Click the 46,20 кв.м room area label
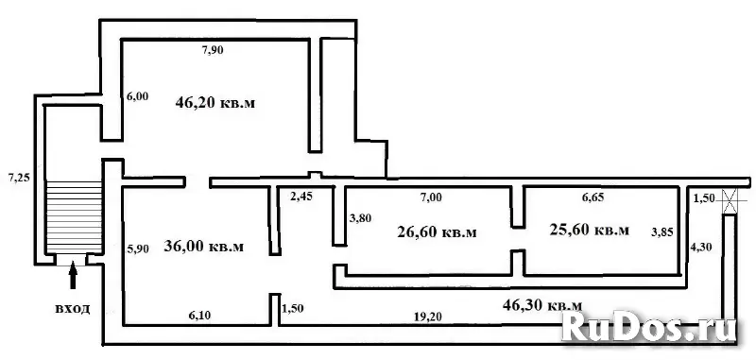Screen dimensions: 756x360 pos(215,104)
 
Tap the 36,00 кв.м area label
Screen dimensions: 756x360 pos(203,247)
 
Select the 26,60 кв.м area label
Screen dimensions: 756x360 pos(438,232)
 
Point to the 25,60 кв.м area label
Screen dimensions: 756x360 pos(589,230)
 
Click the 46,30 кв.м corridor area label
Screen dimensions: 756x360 pos(542,304)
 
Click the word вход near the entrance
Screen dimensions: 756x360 pos(73,309)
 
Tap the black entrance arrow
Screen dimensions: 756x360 pos(73,275)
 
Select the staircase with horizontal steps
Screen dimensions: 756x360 pos(74,217)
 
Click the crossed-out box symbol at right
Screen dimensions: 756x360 pos(730,201)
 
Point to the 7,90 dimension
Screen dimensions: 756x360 pos(213,49)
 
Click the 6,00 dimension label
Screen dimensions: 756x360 pos(137,96)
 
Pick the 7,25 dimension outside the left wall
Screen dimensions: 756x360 pos(19,178)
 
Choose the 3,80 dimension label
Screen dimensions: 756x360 pos(359,218)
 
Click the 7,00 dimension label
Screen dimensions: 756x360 pos(431,197)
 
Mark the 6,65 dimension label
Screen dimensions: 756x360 pos(593,197)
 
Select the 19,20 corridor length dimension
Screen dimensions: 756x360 pos(428,317)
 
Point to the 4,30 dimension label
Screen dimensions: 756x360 pos(699,248)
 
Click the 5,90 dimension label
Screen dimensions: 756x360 pos(137,249)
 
